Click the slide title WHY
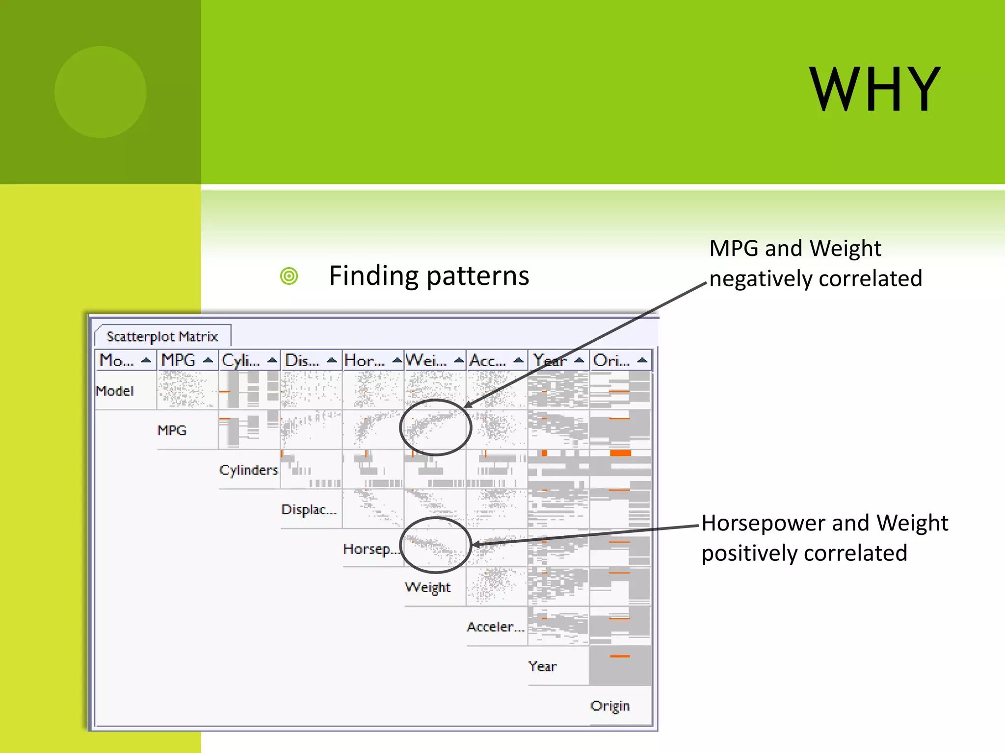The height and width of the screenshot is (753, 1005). pos(874,90)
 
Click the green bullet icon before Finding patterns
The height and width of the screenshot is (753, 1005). pos(289,276)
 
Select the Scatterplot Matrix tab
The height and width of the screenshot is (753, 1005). pos(162,336)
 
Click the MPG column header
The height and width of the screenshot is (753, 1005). pos(179,360)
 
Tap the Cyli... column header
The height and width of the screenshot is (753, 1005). pos(241,360)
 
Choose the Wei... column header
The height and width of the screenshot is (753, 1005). pos(426,360)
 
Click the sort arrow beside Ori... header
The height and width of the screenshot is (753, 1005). pos(642,360)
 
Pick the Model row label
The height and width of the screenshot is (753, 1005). pos(115,391)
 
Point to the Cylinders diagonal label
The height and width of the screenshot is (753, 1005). pos(248,470)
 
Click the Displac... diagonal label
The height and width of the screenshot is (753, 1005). pos(309,509)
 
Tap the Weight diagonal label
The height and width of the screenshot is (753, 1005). pos(427,587)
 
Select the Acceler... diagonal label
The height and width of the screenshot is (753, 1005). pos(495,627)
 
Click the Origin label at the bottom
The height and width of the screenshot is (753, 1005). pos(610,706)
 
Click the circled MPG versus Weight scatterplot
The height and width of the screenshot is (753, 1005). pos(435,427)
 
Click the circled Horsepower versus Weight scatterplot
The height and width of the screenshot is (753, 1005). pos(435,545)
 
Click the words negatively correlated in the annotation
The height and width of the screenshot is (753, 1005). pos(816,278)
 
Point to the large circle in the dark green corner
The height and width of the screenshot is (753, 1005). pos(101,92)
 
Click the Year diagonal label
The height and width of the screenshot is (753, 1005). pos(542,666)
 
